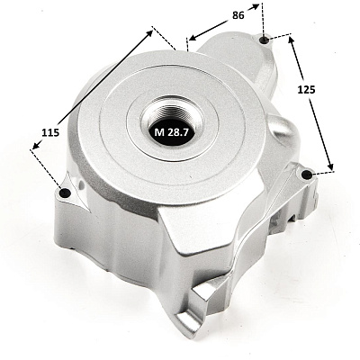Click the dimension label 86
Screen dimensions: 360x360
238,15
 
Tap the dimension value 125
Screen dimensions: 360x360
306,89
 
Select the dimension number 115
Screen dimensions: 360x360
50,132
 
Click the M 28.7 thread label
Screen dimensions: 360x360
171,132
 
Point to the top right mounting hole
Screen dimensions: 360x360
265,40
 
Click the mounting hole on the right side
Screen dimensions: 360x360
307,175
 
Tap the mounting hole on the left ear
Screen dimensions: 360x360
65,193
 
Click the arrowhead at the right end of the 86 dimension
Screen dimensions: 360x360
256,6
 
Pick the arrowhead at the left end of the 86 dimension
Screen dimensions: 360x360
192,37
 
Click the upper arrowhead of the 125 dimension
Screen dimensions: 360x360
291,40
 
